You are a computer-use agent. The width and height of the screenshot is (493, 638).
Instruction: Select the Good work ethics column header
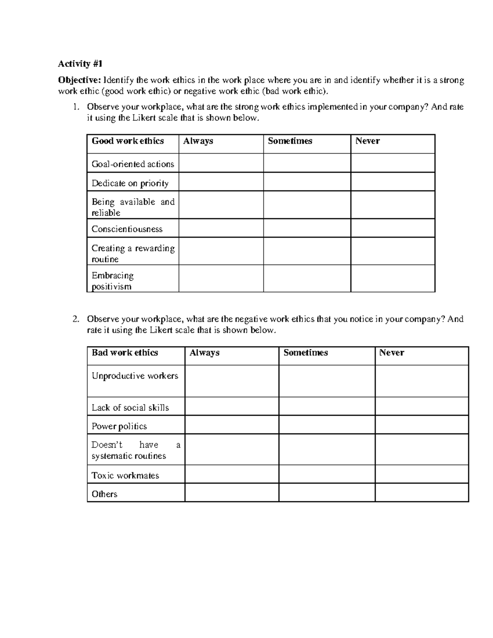128,141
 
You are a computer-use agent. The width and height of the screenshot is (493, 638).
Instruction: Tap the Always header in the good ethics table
198,141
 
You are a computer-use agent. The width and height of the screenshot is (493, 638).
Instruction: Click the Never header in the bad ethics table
392,352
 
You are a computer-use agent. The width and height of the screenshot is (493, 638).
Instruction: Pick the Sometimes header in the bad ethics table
305,352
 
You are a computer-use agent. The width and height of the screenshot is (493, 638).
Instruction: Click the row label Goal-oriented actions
133,164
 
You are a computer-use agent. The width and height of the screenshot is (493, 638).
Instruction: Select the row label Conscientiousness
127,229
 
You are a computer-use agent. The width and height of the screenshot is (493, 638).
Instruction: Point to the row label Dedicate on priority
130,183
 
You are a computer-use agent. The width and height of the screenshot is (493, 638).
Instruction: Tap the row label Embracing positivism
113,281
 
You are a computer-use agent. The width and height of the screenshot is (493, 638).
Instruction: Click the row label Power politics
119,426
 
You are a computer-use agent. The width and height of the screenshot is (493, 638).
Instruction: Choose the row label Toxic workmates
125,475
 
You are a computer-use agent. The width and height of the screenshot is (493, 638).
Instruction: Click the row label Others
104,494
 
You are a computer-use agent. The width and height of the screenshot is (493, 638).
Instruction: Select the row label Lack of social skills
130,408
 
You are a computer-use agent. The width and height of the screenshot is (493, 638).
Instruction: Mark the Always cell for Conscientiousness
221,228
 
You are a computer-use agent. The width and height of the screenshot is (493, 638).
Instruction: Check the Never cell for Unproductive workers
422,381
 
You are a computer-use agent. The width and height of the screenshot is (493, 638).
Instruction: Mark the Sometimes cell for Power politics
327,425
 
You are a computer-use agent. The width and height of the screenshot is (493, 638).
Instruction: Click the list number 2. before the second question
75,319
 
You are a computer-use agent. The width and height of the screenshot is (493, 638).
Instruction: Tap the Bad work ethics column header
125,352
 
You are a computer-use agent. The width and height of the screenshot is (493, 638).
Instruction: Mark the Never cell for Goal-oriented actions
393,163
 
